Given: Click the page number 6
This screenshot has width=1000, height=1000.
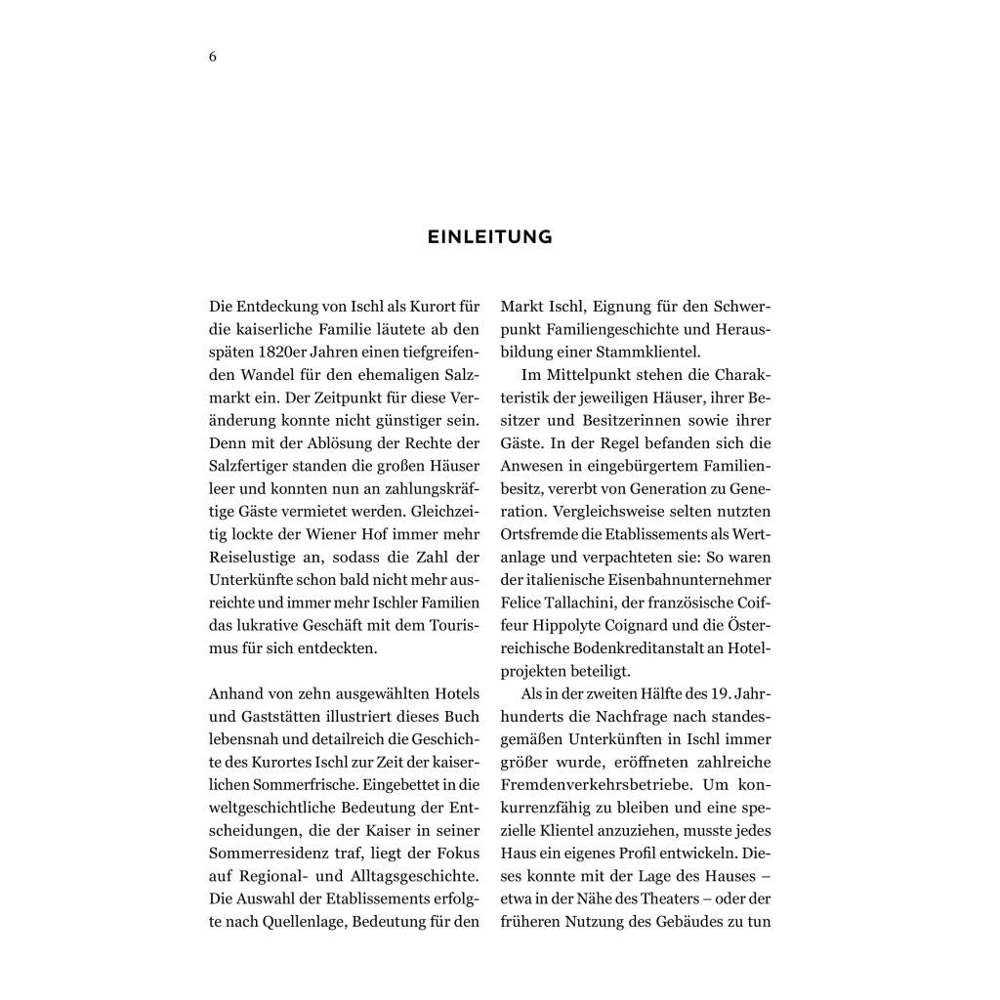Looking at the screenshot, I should (x=213, y=57).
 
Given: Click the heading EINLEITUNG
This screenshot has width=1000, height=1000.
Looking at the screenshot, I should (x=490, y=236).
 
